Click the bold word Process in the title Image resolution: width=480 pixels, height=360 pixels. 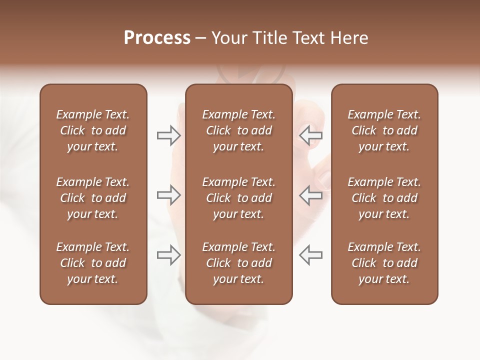coord(157,38)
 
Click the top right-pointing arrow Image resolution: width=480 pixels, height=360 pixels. coord(169,135)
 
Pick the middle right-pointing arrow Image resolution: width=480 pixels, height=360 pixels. coord(169,195)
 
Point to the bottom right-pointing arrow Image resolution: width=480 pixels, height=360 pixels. coord(169,255)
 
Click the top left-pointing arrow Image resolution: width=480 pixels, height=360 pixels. coord(311,135)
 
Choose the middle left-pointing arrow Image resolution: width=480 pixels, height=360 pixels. coord(311,195)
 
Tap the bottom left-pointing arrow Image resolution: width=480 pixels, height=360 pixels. coord(311,255)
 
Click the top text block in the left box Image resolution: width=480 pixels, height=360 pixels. coord(93,130)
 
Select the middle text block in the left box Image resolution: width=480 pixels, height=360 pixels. coord(93,198)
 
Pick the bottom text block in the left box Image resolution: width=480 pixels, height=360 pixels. coord(93,263)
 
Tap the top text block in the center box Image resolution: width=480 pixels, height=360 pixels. coord(239,130)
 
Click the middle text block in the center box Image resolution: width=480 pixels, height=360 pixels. coord(239,198)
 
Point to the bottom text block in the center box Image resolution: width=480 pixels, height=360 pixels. coord(239,263)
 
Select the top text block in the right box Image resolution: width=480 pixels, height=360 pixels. coord(384,130)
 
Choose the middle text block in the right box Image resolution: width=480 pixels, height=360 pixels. coord(384,198)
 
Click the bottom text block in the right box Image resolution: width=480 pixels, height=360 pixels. coord(384,263)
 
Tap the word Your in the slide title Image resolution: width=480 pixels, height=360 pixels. coord(228,38)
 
